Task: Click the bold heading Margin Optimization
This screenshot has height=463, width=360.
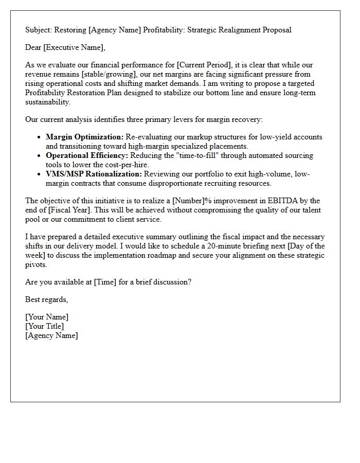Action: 84,137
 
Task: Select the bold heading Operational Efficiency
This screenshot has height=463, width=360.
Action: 86,155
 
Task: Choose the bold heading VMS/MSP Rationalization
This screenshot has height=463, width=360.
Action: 94,174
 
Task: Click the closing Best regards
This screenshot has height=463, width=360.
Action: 46,299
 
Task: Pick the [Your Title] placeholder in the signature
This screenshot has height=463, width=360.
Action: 45,326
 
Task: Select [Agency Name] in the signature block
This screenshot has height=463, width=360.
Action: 51,335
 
